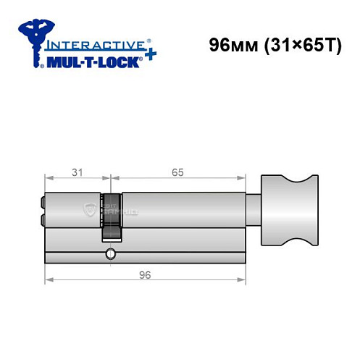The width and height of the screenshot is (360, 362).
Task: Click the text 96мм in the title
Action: tap(230, 44)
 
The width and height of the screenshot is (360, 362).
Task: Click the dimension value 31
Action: tap(76, 172)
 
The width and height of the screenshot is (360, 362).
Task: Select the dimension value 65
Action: tap(178, 172)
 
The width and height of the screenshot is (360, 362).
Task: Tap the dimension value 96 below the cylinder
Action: tap(146, 274)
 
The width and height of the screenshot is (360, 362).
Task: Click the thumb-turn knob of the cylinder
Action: tap(290, 211)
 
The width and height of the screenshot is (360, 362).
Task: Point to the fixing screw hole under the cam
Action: tap(109, 253)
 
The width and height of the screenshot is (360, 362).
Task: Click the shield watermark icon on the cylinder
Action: tap(90, 209)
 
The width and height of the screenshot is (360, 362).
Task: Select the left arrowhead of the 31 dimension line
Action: tap(48, 178)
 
